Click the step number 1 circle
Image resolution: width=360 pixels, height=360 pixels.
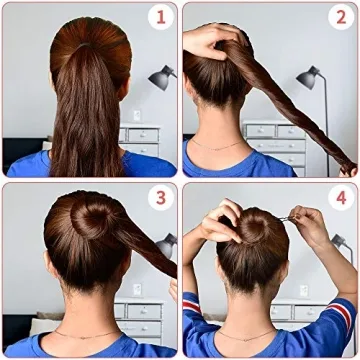[157, 17]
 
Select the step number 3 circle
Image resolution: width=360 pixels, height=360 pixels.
[157, 198]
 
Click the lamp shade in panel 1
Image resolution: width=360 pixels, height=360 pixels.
[160, 76]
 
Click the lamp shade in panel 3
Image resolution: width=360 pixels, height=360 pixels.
[167, 243]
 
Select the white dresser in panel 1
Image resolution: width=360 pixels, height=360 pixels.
[141, 140]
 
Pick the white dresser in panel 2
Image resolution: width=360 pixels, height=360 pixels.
[274, 141]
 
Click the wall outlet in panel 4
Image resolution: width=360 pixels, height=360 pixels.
[303, 291]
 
